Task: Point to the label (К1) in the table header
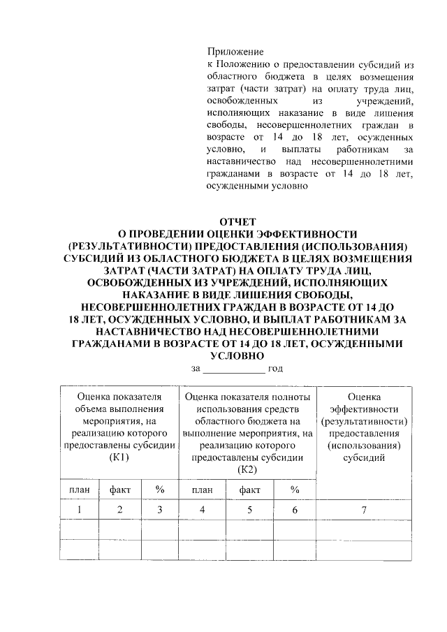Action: click(119, 457)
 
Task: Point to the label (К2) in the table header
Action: click(248, 469)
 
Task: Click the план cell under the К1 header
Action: click(80, 490)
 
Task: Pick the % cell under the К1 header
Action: click(160, 490)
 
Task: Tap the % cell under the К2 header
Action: click(295, 490)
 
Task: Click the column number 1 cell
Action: click(80, 510)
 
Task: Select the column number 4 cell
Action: click(203, 510)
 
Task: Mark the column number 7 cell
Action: click(364, 510)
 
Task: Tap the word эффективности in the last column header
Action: click(364, 409)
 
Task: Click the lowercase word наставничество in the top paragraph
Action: click(240, 161)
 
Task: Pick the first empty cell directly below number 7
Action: click(364, 530)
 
